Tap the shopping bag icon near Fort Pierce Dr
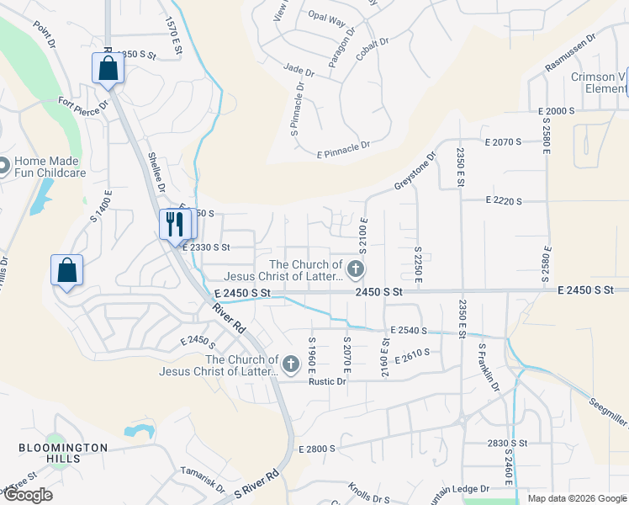108,68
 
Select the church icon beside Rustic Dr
291,364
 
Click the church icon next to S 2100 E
356,269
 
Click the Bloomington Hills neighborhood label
64,453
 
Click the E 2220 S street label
504,201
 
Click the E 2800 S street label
317,449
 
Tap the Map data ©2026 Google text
576,498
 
